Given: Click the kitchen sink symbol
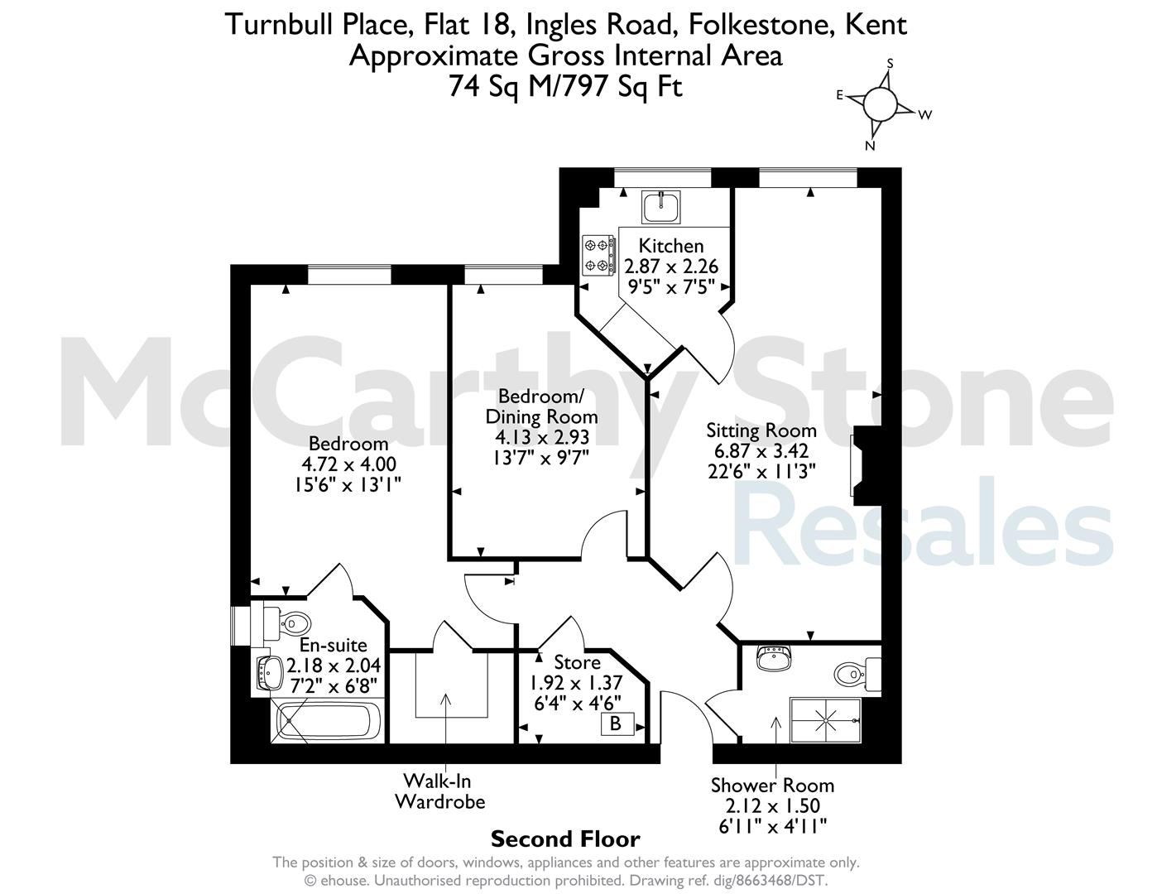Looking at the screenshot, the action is [660, 208].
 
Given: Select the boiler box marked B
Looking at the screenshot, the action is [617, 723].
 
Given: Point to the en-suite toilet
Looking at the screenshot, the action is [287, 623].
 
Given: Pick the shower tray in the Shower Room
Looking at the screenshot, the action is [825, 720].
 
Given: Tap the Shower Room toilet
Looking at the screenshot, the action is [857, 674].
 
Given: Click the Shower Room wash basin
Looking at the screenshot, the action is [774, 659].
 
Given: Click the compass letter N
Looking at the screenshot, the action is [870, 146].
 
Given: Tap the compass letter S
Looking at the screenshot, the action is [889, 64].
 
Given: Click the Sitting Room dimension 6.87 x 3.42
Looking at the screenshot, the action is [761, 451].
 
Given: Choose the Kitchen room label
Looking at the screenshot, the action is [671, 246].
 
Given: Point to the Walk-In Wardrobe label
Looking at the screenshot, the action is [439, 791].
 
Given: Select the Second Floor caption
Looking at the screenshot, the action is [565, 839].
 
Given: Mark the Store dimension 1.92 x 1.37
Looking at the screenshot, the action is [576, 682].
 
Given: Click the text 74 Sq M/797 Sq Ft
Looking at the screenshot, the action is [565, 86].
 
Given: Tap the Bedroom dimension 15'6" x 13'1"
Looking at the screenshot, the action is [347, 484].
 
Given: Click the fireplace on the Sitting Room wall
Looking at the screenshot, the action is [864, 465].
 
